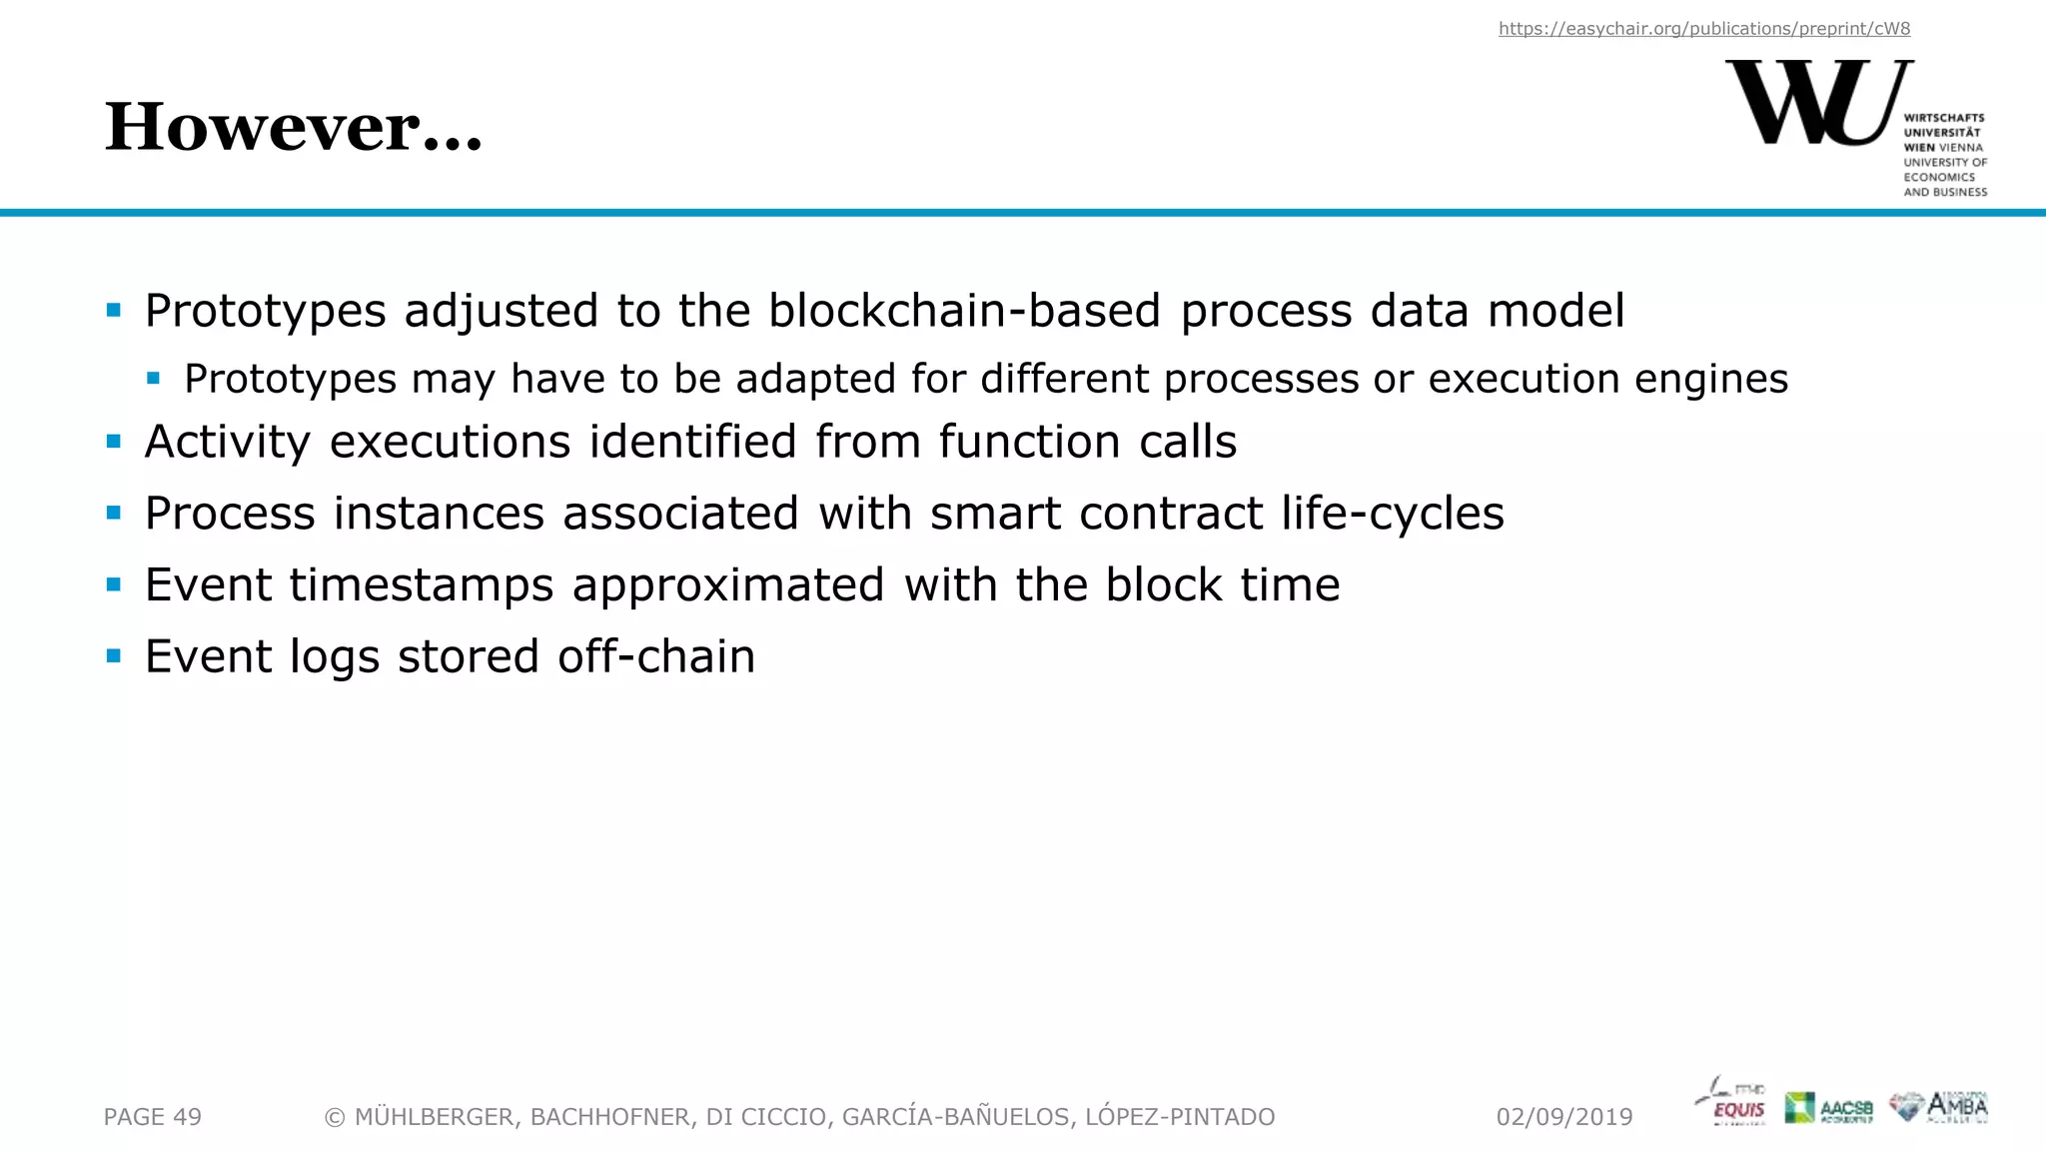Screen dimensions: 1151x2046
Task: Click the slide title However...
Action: click(x=293, y=128)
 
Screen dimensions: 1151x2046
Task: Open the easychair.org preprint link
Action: click(x=1703, y=29)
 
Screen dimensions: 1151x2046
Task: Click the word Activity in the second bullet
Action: click(x=228, y=443)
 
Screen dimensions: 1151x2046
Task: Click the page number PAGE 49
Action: click(x=153, y=1117)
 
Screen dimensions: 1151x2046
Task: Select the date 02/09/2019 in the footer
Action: click(x=1563, y=1117)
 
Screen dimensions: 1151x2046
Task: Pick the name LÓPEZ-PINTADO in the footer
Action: click(x=1179, y=1117)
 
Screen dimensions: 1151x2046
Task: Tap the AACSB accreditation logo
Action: click(x=1828, y=1107)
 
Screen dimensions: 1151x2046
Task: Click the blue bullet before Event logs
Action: click(x=114, y=656)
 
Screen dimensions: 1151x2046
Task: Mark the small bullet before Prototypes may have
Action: click(x=153, y=379)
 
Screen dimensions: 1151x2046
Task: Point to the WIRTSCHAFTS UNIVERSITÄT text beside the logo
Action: click(x=1943, y=125)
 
